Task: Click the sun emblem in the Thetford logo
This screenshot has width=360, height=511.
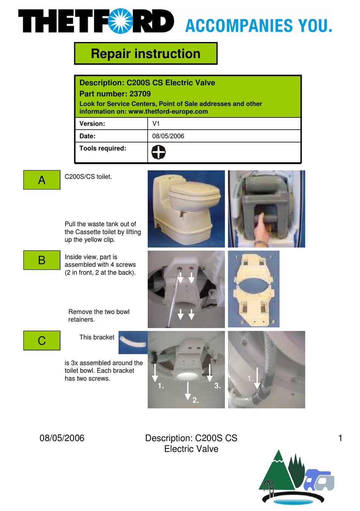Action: (121, 21)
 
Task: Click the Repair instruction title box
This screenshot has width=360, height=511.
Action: (146, 53)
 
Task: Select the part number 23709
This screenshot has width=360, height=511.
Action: (140, 94)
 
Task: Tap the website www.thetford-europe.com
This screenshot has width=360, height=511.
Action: (168, 111)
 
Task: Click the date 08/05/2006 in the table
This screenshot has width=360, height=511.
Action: (168, 136)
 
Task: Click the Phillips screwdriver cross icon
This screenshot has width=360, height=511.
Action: (158, 152)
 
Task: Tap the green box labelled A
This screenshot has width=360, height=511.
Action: (42, 180)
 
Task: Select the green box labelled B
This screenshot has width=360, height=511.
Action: (42, 260)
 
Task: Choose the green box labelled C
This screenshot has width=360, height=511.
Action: (42, 340)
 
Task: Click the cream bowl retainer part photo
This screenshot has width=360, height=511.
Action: (254, 289)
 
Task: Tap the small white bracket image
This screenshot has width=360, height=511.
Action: (133, 342)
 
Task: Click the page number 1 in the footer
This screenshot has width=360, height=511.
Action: (340, 438)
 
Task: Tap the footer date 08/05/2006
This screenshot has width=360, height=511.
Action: (62, 438)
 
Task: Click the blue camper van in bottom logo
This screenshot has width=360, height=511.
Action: (319, 480)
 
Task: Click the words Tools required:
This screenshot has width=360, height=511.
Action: (103, 148)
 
